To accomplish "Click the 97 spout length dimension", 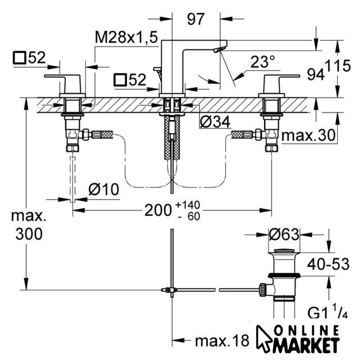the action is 196,19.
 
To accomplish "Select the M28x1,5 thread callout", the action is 126,37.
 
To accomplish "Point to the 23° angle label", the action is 262,62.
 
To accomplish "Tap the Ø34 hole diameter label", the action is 215,121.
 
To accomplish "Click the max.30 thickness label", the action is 308,136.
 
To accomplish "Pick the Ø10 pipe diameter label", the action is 103,190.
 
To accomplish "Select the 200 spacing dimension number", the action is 158,211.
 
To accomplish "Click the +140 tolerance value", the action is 188,205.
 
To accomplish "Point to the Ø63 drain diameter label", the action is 284,235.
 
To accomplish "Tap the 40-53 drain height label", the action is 328,264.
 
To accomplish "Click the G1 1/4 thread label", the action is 328,312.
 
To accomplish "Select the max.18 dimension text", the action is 223,341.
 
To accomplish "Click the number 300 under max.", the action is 29,233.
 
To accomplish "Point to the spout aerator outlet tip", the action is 219,49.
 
